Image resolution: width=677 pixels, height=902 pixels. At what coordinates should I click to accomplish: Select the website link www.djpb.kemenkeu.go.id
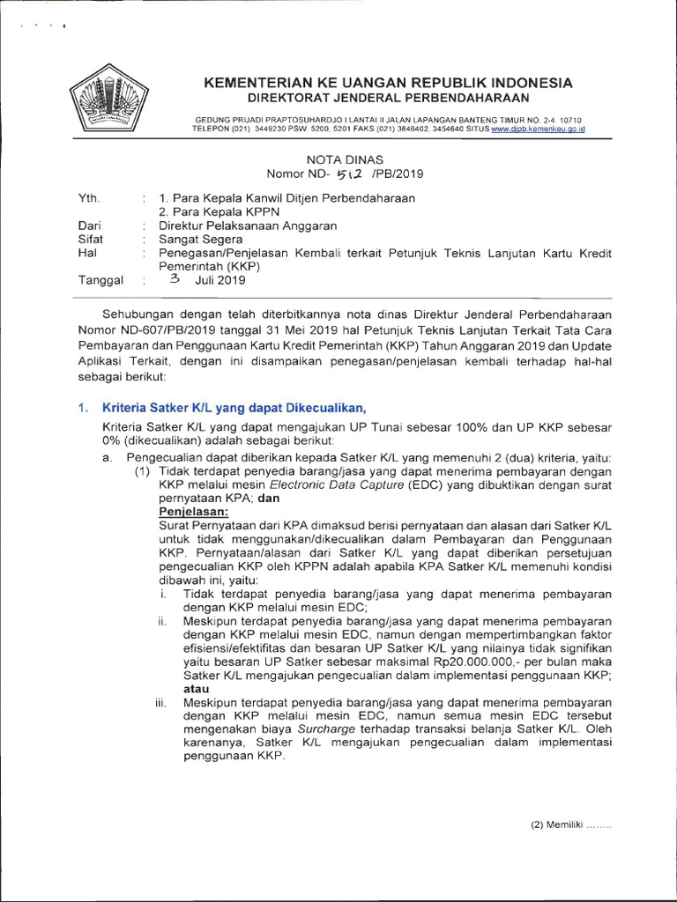pos(538,129)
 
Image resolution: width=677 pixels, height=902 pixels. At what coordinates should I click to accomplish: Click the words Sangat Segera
pos(199,238)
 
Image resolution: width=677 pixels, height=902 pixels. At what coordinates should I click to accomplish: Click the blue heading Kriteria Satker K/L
pos(233,407)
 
